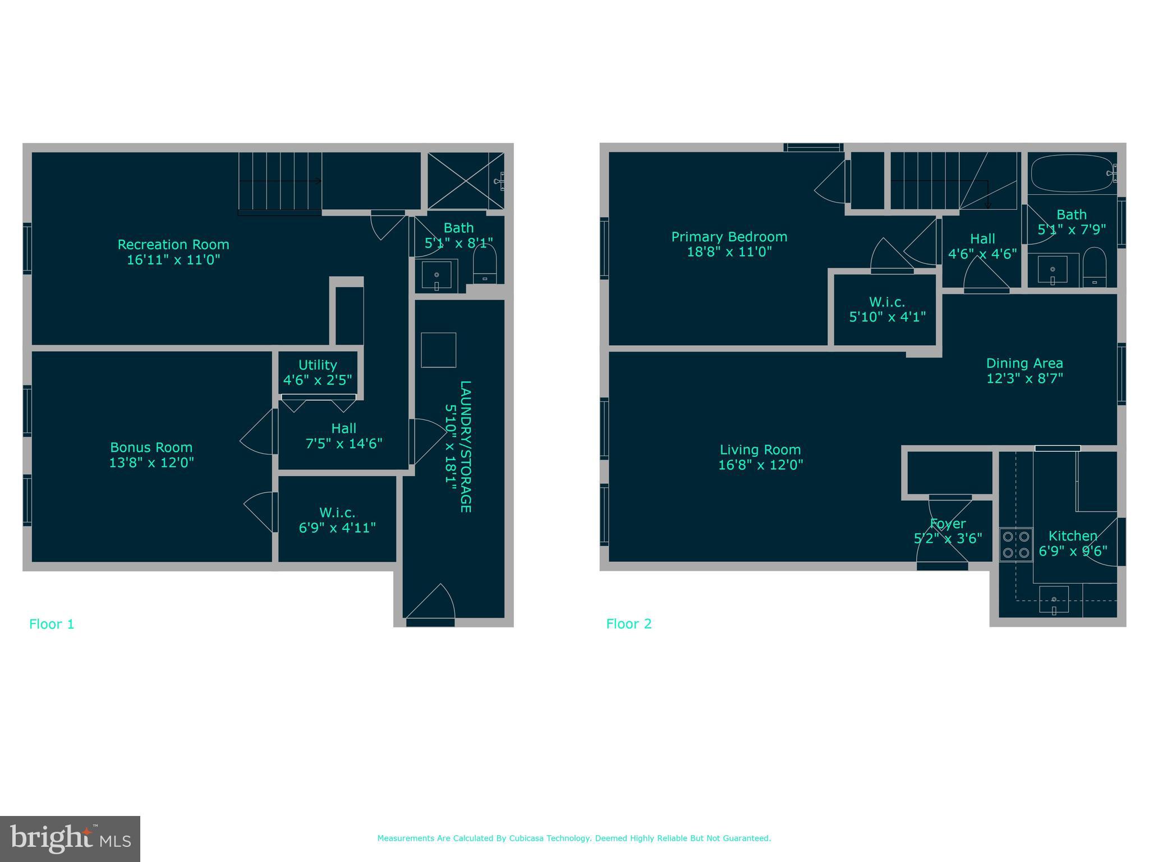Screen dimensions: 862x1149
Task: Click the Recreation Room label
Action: point(173,245)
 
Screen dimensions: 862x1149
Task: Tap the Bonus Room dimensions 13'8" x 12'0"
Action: point(151,462)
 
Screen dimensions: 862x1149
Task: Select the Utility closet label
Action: point(318,365)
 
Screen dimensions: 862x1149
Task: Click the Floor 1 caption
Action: point(52,624)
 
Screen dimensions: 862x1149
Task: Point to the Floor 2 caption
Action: point(629,624)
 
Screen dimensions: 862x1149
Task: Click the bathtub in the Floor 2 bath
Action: point(1072,173)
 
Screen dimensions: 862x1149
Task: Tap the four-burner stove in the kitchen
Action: point(1016,544)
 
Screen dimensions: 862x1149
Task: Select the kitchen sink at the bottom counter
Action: point(1054,599)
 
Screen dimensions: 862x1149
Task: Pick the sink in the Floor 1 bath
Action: point(436,276)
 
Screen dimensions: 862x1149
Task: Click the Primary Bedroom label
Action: point(729,237)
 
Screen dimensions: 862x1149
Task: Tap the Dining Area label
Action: point(1024,363)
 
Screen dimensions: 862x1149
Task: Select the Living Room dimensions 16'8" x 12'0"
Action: point(760,465)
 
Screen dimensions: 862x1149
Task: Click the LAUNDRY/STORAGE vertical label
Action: point(465,446)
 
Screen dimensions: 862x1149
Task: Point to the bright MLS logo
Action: point(70,838)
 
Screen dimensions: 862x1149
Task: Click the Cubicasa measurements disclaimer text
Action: point(574,838)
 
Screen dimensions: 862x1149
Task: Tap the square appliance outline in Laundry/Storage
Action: point(438,350)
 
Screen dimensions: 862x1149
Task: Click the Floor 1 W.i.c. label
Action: point(337,512)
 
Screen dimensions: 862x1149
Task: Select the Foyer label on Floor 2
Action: point(948,524)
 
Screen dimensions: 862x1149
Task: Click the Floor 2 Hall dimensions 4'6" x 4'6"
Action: point(982,254)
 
